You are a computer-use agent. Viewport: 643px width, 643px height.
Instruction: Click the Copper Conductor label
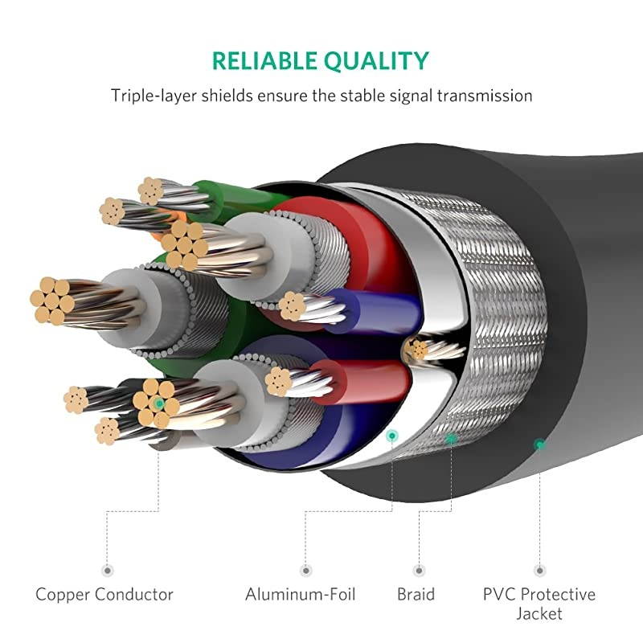click(104, 595)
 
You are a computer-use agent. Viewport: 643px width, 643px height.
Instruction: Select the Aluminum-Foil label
click(301, 595)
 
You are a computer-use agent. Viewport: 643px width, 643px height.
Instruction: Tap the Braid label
click(416, 595)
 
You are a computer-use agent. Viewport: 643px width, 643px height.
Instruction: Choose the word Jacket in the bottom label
click(539, 614)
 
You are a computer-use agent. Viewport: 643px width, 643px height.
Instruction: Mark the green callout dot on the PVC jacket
click(540, 444)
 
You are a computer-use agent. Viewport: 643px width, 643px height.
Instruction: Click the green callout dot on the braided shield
click(452, 438)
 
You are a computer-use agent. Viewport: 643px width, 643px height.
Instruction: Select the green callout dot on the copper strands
click(160, 404)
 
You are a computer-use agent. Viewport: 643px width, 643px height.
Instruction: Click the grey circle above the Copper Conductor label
click(107, 570)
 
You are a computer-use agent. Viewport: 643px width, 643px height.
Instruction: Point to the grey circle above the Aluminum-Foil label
click(305, 570)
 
